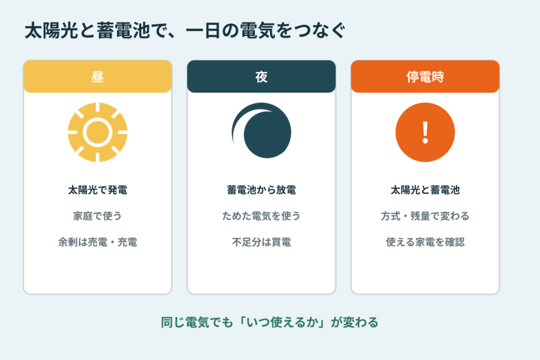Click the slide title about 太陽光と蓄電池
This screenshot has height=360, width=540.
coord(185,30)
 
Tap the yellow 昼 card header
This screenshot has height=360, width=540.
coord(98,76)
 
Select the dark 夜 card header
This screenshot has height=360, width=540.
coord(262,76)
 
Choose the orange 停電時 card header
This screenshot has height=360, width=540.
coord(425,76)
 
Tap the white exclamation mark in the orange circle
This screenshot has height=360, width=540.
coord(426,132)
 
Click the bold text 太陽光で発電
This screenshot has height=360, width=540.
coord(98,190)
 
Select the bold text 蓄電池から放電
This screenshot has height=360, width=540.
coord(262,190)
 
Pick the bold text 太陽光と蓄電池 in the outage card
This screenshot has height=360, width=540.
coord(425,190)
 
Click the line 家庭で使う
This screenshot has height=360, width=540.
coord(98,216)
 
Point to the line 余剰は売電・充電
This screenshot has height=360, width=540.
coord(98,242)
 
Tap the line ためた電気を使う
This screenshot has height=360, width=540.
coord(262,216)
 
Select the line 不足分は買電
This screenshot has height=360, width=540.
coord(262,242)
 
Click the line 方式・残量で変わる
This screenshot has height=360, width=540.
coord(425,216)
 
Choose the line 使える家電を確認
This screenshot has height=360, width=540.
coord(425,242)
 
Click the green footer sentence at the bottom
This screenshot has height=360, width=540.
coord(269,323)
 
